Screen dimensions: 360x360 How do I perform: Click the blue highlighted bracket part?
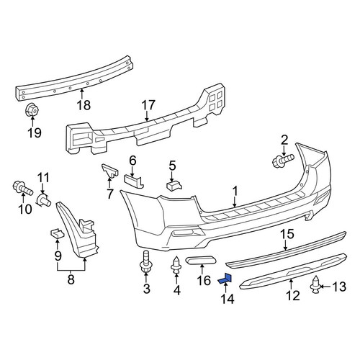tap(225, 279)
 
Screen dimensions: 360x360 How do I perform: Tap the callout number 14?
tap(227, 299)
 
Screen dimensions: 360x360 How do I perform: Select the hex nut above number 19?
tap(32, 110)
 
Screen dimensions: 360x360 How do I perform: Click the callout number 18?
tap(84, 105)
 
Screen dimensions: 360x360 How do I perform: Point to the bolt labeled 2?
tap(284, 160)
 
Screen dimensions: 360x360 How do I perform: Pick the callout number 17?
tap(148, 105)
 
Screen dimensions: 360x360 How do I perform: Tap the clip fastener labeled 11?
tap(43, 200)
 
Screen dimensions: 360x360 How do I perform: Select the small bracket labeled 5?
tap(174, 186)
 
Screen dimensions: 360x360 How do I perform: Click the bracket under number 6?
tap(134, 181)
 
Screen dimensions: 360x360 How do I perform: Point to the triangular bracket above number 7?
tap(110, 171)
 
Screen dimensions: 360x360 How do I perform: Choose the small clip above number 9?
tap(57, 233)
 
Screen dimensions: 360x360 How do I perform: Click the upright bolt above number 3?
tap(146, 262)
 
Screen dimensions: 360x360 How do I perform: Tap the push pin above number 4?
tap(176, 265)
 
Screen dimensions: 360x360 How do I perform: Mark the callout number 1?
tap(235, 191)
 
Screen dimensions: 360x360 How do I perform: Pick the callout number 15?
tap(287, 234)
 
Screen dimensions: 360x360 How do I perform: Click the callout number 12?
tap(293, 295)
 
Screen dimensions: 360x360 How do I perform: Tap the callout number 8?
tap(71, 279)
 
